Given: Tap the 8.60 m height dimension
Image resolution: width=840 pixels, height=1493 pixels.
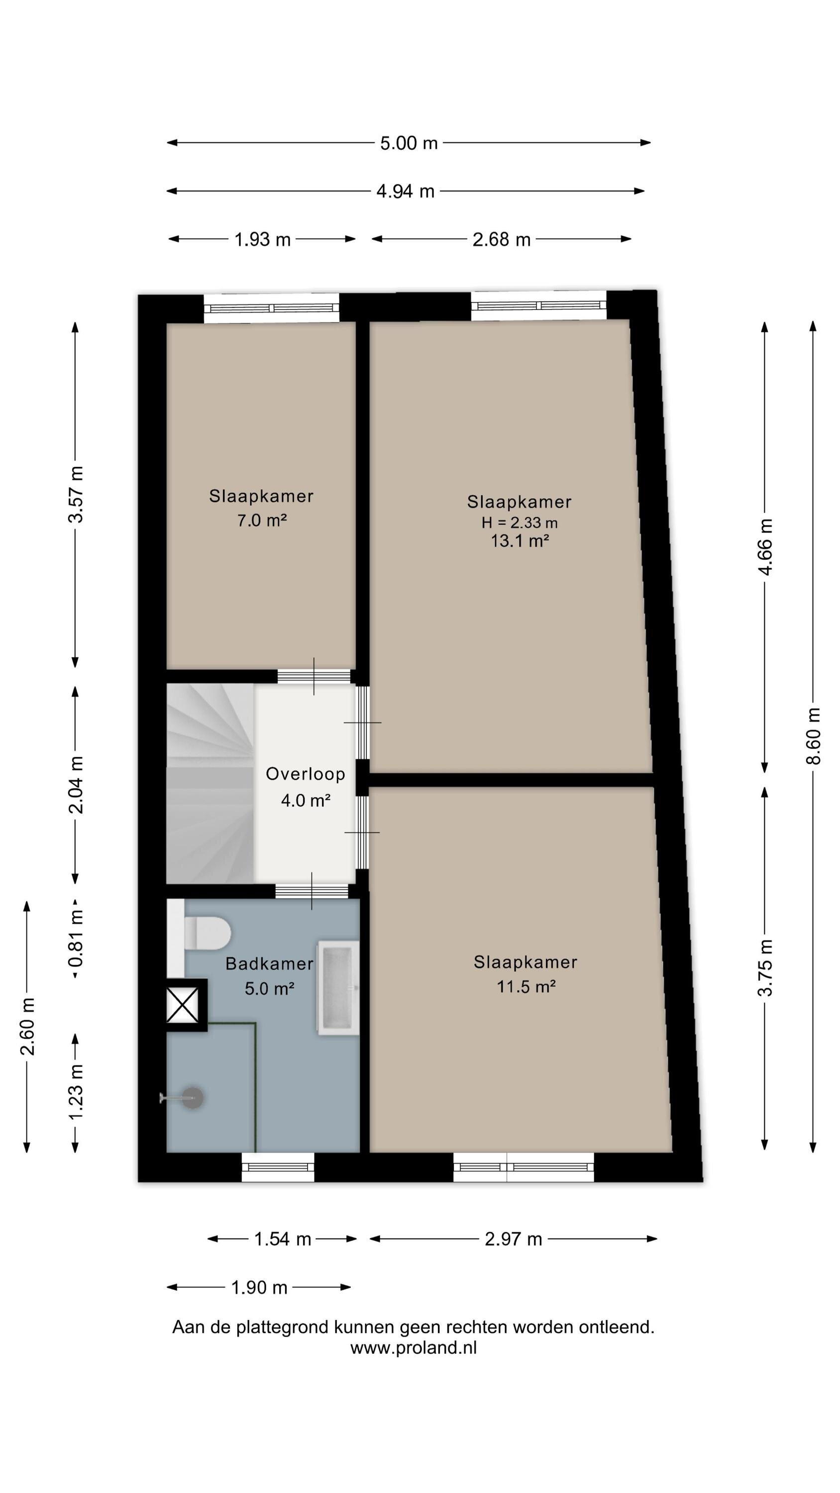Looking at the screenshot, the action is point(813,736).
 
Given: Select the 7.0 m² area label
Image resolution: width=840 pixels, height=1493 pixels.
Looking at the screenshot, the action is point(262,520).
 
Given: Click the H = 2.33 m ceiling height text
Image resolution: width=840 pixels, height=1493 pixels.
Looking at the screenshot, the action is point(520,522).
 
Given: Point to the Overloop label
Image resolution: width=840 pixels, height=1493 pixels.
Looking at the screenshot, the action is point(306,774).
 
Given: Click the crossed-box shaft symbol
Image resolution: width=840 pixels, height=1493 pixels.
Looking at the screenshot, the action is point(183,1006).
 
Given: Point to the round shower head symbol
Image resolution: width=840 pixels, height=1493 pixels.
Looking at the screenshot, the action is point(191,1097).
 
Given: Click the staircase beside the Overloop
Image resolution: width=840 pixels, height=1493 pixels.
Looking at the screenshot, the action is point(210,784).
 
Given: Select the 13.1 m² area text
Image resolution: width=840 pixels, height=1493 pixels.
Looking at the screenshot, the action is point(520,541).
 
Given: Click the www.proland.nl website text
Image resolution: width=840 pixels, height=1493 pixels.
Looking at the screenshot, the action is point(414,1348).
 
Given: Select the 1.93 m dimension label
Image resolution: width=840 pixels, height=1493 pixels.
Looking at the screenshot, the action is point(262,239).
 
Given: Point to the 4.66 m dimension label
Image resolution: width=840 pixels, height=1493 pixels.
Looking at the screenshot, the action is point(765,547).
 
